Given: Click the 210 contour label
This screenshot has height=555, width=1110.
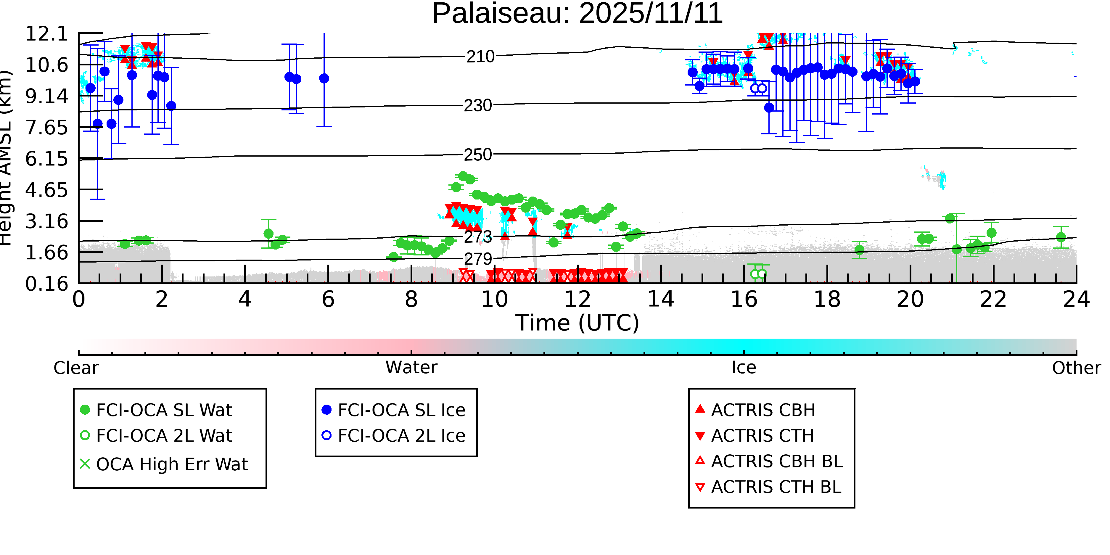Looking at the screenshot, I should click(x=480, y=57).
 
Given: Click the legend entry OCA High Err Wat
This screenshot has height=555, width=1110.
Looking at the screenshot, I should click(x=171, y=464).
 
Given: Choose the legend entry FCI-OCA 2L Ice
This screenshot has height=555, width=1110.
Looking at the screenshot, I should click(x=401, y=436).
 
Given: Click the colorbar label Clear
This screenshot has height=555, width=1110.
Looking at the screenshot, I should click(x=76, y=368).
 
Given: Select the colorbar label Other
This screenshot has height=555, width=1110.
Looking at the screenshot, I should click(x=1076, y=368).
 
